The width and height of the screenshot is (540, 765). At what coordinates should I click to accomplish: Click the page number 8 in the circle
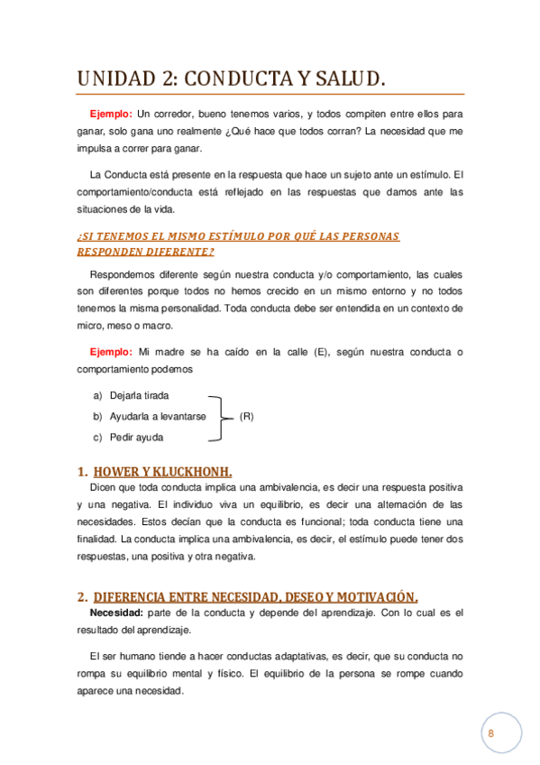491,733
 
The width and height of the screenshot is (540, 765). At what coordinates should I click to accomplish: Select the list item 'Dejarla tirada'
139,396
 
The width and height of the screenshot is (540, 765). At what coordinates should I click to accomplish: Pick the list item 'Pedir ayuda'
136,438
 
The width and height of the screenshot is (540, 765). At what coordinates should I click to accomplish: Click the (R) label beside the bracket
246,417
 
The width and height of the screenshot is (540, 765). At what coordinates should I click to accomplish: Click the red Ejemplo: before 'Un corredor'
110,114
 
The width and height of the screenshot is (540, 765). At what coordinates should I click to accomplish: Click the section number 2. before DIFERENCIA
82,596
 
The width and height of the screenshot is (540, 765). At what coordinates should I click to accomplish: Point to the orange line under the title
270,94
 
